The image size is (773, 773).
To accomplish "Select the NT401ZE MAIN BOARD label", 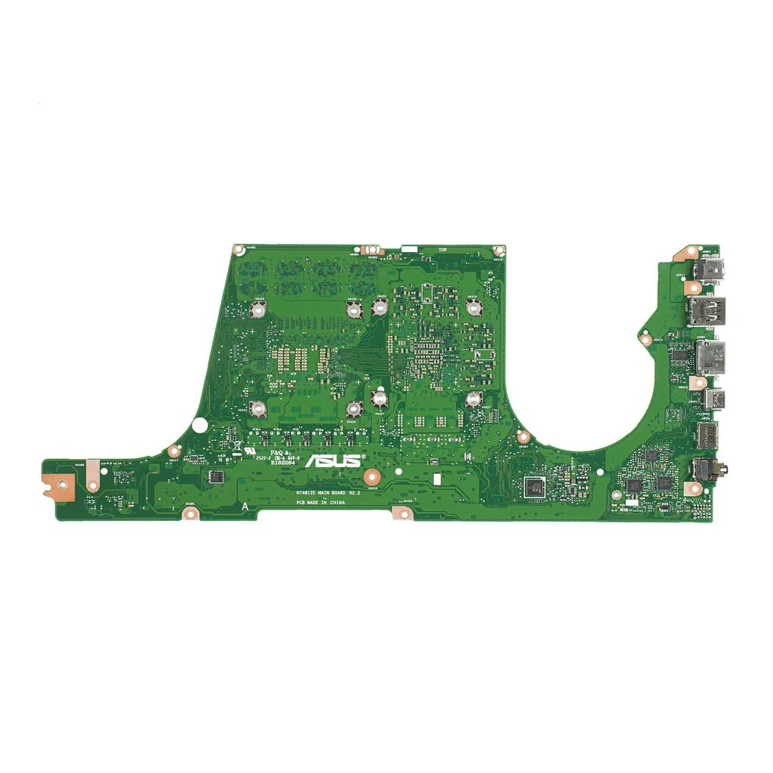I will (x=325, y=492).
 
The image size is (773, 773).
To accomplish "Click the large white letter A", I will (x=244, y=507).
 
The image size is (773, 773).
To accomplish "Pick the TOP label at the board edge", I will (x=443, y=250).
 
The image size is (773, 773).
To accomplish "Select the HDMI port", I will (x=707, y=357).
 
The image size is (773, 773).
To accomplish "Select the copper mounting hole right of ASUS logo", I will (x=371, y=476).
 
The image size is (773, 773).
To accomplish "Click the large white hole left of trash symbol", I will (x=199, y=425).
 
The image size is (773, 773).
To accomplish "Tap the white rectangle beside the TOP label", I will (x=408, y=248).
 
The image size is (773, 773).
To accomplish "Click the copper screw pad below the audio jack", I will (x=694, y=490).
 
